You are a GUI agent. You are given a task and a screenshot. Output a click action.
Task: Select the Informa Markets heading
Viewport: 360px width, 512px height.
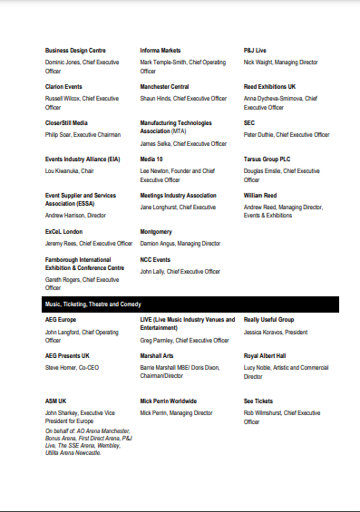[x=161, y=50]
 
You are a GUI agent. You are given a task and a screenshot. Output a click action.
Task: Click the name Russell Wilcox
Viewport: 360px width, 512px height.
[x=64, y=98]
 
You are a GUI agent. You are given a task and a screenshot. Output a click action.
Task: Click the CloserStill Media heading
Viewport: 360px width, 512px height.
[x=66, y=123]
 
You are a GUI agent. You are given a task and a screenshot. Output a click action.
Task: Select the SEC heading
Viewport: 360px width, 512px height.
[x=249, y=123]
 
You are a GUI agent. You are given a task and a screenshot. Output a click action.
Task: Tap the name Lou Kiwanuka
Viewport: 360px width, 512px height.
[x=66, y=169]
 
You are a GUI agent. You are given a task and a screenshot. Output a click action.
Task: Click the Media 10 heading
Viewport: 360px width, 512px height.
[x=151, y=159]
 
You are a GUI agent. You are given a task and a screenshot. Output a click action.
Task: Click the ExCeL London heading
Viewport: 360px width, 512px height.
[x=64, y=232]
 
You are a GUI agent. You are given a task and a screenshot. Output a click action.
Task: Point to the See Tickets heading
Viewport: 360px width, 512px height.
[x=258, y=401]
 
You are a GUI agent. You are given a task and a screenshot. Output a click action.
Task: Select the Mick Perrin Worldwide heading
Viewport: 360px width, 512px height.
[x=170, y=401]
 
